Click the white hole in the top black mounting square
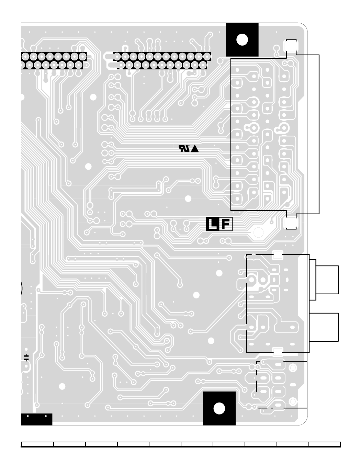(x=242, y=39)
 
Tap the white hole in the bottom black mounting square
(x=219, y=408)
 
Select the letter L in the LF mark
(x=212, y=225)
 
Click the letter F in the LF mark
(x=226, y=225)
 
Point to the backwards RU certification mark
(x=184, y=148)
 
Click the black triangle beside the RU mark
(x=195, y=149)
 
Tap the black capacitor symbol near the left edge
(x=26, y=357)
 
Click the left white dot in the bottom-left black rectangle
(x=28, y=416)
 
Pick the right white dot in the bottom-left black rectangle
(x=46, y=416)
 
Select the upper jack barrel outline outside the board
(x=327, y=280)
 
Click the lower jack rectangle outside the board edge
(x=324, y=327)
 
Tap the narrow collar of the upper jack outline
(x=312, y=280)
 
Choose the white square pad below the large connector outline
(x=291, y=223)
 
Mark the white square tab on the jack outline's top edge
(x=277, y=255)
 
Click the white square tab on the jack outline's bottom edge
(x=277, y=352)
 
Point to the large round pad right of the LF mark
(x=258, y=232)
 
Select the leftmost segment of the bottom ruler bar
(x=37, y=444)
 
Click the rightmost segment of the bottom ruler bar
(x=324, y=444)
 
